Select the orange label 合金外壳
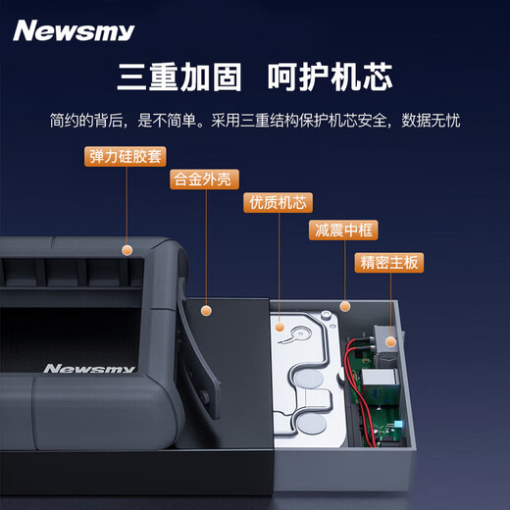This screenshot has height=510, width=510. (x=204, y=179)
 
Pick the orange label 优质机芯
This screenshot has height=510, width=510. (x=278, y=204)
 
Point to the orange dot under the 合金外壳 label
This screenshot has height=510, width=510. (x=206, y=311)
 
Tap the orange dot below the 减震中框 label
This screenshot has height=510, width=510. (x=344, y=306)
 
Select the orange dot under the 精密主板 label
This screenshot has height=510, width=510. (x=390, y=342)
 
